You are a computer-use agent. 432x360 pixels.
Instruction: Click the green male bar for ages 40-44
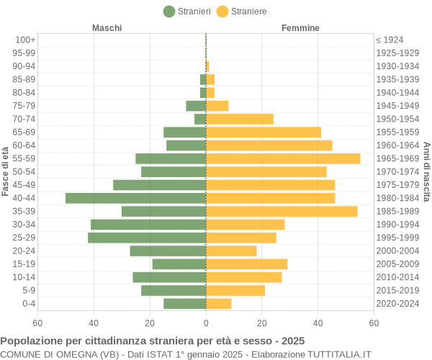pyautogui.click(x=135, y=198)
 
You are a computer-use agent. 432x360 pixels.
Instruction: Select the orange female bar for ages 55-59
pyautogui.click(x=283, y=158)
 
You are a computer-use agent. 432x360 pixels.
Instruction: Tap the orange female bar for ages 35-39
pyautogui.click(x=282, y=211)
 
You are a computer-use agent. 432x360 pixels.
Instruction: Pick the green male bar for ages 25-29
pyautogui.click(x=147, y=238)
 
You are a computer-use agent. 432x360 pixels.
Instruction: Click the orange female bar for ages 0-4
pyautogui.click(x=219, y=304)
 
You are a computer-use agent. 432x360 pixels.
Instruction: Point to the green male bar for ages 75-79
pyautogui.click(x=196, y=106)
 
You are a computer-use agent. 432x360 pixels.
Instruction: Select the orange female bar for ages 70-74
pyautogui.click(x=240, y=119)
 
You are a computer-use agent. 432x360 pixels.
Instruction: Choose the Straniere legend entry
pyautogui.click(x=242, y=11)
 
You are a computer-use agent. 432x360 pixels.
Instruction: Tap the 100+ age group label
pyautogui.click(x=25, y=40)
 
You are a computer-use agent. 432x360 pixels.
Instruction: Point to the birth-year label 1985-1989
pyautogui.click(x=397, y=211)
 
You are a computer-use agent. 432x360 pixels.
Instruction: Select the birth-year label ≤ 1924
pyautogui.click(x=390, y=40)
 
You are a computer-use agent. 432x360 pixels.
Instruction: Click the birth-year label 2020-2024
pyautogui.click(x=397, y=304)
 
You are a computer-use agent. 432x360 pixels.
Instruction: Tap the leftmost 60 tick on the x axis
pyautogui.click(x=37, y=323)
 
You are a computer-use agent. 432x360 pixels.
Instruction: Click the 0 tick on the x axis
pyautogui.click(x=206, y=323)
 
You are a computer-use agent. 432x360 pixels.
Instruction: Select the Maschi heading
pyautogui.click(x=107, y=28)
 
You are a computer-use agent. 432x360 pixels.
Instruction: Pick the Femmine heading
pyautogui.click(x=300, y=28)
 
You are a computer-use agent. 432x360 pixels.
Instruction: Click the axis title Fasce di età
pyautogui.click(x=6, y=171)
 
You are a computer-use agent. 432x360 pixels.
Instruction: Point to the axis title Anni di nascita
pyautogui.click(x=426, y=171)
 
